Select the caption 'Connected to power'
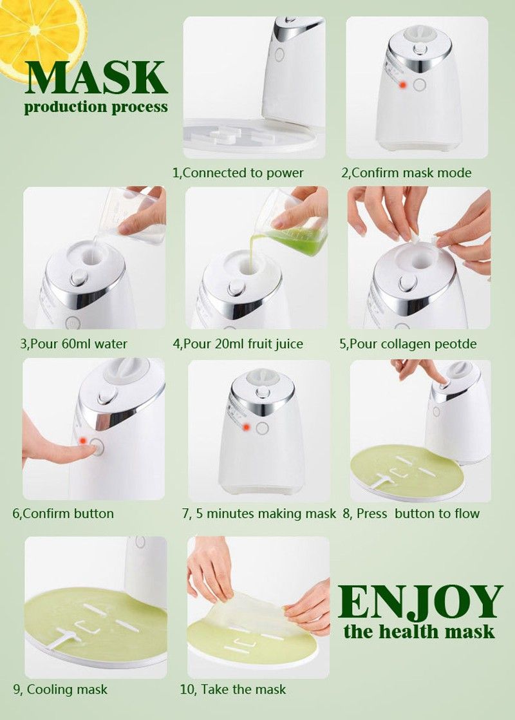[238, 173]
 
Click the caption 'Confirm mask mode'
[406, 173]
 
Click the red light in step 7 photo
[245, 426]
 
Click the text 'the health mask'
[419, 630]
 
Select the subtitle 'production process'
[96, 106]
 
